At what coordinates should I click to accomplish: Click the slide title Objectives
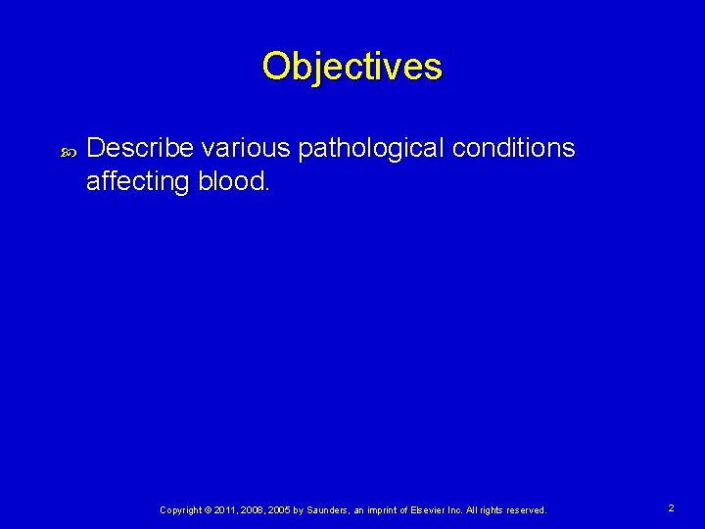[x=352, y=67]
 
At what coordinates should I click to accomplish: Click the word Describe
[x=140, y=148]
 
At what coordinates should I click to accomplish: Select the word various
[x=245, y=148]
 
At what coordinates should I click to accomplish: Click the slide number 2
[x=671, y=508]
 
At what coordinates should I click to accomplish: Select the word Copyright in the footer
[x=180, y=510]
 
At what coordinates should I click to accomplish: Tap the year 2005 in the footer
[x=280, y=510]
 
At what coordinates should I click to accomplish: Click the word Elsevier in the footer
[x=437, y=510]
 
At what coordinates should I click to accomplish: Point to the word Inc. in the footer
[x=468, y=510]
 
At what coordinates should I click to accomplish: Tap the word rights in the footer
[x=504, y=510]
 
